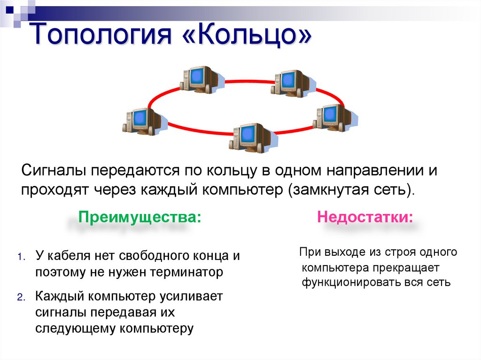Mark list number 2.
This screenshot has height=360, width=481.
click(20, 298)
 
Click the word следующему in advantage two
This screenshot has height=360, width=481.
click(75, 328)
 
